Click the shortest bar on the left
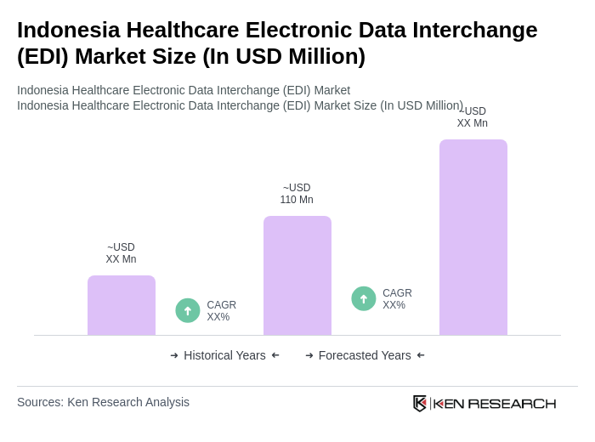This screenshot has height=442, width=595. (122, 306)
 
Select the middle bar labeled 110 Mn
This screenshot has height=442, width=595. (297, 276)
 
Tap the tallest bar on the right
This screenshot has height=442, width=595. (473, 238)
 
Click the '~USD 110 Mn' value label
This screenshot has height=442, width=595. (297, 194)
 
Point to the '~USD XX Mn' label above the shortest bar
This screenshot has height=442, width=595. (121, 253)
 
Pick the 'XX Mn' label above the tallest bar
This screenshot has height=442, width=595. (472, 123)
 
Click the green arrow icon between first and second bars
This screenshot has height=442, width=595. (188, 310)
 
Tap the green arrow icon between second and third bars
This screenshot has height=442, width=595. (364, 298)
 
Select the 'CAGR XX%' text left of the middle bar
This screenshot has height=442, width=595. (221, 311)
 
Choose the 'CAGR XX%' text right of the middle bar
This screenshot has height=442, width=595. (397, 299)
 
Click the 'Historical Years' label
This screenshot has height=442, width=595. (224, 355)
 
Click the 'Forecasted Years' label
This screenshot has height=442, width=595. (365, 355)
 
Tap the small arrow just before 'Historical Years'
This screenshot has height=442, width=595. (174, 355)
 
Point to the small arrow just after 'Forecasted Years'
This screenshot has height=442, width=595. (421, 355)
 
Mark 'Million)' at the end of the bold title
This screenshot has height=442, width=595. (326, 56)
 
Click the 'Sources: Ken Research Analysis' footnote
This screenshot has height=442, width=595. (103, 402)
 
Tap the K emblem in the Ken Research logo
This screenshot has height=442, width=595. (420, 403)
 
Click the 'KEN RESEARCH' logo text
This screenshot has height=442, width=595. (495, 403)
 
